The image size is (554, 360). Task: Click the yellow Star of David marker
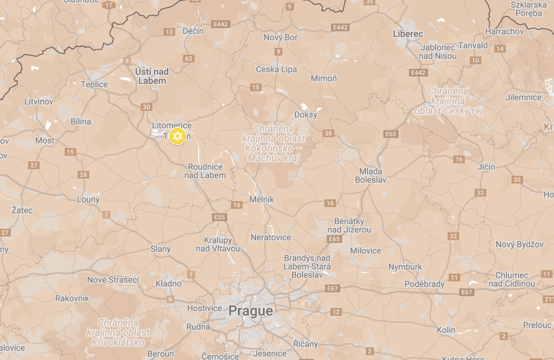click(177, 136)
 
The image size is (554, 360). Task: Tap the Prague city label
click(250, 311)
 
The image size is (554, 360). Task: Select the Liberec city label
click(408, 34)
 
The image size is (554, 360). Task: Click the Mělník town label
click(262, 199)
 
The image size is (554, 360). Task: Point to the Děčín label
click(193, 31)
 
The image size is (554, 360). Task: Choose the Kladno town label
click(169, 284)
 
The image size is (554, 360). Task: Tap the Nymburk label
click(405, 267)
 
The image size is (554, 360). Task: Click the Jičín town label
click(486, 167)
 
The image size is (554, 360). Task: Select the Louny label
click(88, 200)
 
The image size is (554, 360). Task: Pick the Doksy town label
click(305, 115)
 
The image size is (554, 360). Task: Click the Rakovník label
click(72, 299)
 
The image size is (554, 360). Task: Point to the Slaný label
click(160, 249)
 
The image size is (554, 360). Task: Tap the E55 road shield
click(219, 217)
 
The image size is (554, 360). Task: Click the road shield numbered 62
click(189, 59)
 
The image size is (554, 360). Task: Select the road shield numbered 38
click(328, 133)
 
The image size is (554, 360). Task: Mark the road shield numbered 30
click(146, 107)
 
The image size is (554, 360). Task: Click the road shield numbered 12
click(336, 312)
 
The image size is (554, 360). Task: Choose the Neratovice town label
click(271, 238)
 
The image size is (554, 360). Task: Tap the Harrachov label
click(504, 32)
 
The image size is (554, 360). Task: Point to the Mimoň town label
click(324, 79)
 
